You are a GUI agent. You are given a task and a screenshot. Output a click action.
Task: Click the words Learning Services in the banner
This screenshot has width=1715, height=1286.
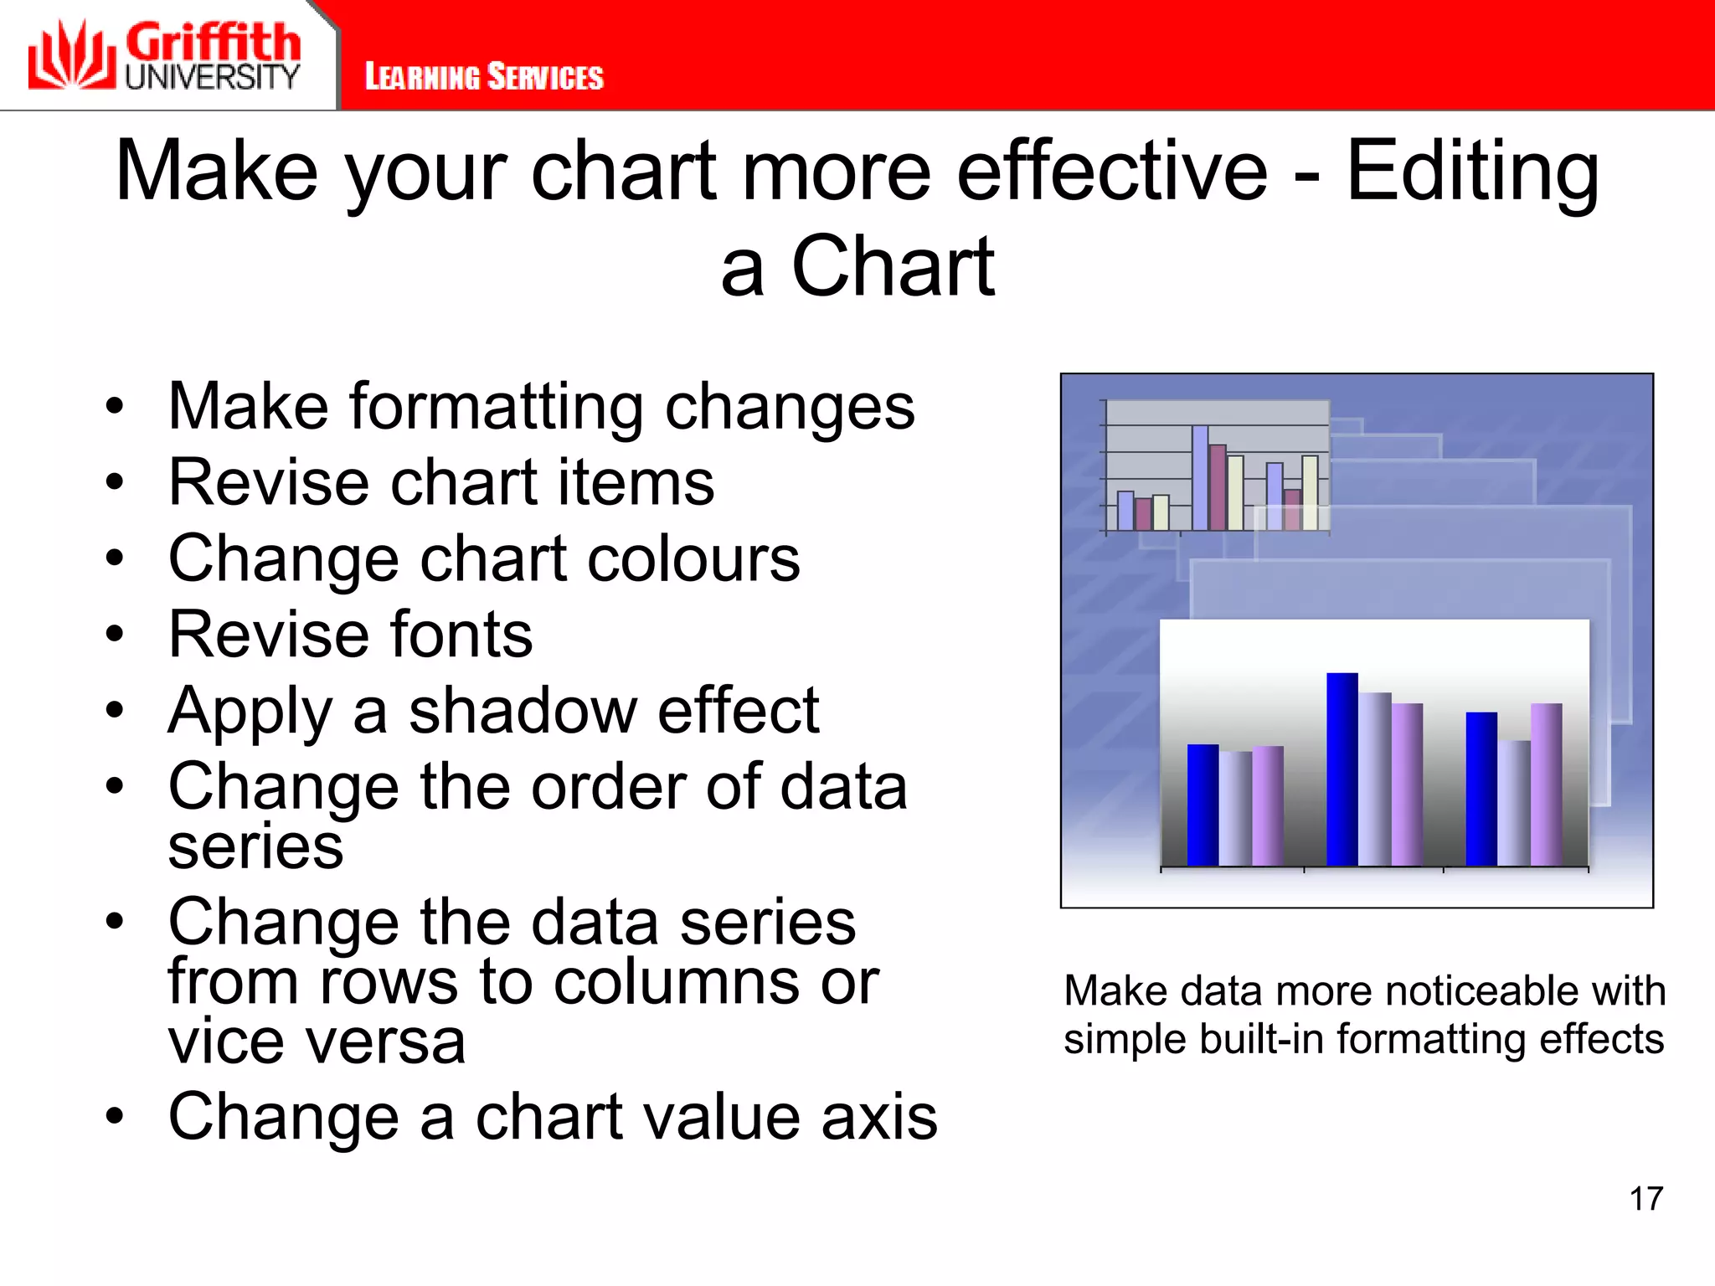[483, 77]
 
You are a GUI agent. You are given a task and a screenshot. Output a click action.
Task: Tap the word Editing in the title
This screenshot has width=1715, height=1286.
[1471, 172]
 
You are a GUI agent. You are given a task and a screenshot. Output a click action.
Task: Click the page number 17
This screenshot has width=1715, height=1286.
[1645, 1199]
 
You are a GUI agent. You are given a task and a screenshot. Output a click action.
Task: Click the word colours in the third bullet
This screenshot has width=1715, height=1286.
[693, 559]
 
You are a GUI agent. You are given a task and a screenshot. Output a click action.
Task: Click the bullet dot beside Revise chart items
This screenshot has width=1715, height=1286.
[115, 483]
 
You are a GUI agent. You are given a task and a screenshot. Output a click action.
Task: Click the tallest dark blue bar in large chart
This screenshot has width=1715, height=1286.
[1342, 769]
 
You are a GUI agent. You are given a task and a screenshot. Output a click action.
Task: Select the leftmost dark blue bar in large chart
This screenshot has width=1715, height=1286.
[1203, 804]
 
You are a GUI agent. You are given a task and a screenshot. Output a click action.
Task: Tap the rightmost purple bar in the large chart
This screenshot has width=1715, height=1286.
[1546, 784]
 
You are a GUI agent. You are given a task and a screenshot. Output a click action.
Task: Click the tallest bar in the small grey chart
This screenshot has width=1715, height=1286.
[1200, 477]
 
